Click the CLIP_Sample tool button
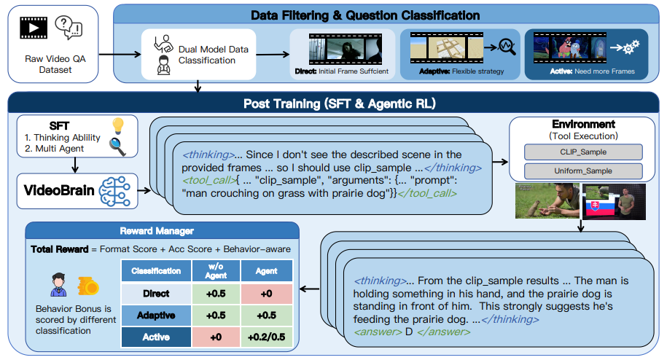tap(583, 152)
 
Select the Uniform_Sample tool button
tap(583, 171)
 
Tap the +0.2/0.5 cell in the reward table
tap(266, 337)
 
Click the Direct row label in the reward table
tap(156, 293)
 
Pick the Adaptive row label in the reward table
tap(156, 316)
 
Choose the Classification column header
tap(156, 271)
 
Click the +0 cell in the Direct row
tap(266, 293)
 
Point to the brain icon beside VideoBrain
tap(115, 191)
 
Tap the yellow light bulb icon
tap(118, 126)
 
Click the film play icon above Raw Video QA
tap(34, 28)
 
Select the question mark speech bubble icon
tap(69, 28)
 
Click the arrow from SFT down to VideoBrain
tap(75, 165)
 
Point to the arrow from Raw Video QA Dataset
tap(120, 54)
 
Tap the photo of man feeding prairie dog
tap(547, 201)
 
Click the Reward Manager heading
tap(157, 231)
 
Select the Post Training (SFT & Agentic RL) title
tap(340, 103)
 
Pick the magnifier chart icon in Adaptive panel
tap(507, 47)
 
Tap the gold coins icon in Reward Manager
tap(88, 286)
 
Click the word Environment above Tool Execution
tap(584, 124)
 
